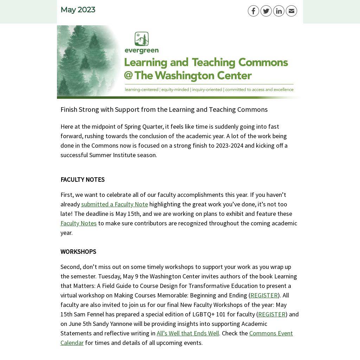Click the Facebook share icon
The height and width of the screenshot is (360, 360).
(x=253, y=11)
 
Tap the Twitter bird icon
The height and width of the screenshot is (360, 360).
(x=266, y=11)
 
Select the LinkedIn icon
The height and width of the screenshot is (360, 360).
(x=279, y=11)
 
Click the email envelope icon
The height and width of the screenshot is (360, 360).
(x=291, y=11)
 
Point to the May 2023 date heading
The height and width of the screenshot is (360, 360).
(x=78, y=10)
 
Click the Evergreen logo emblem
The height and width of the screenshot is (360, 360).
(x=142, y=39)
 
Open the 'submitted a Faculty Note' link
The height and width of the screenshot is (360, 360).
(x=114, y=204)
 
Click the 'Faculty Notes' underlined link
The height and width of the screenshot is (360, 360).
(x=78, y=223)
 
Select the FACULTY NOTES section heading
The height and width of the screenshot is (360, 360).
(x=82, y=180)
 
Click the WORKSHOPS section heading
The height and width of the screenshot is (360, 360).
(x=78, y=252)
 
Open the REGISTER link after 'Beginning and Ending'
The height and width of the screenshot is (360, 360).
(x=264, y=295)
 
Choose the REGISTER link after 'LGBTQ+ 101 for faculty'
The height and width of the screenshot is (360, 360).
(x=272, y=314)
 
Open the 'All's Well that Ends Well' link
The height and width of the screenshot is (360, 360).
(x=188, y=333)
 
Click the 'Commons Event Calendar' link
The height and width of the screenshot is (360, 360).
(x=271, y=333)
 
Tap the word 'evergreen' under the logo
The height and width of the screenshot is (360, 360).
(x=142, y=51)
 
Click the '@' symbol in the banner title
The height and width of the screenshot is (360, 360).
(x=128, y=75)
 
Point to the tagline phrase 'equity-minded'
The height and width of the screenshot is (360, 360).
(x=175, y=90)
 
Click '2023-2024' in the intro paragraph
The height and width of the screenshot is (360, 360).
(x=229, y=146)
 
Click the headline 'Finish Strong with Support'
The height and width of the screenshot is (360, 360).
(x=164, y=109)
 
